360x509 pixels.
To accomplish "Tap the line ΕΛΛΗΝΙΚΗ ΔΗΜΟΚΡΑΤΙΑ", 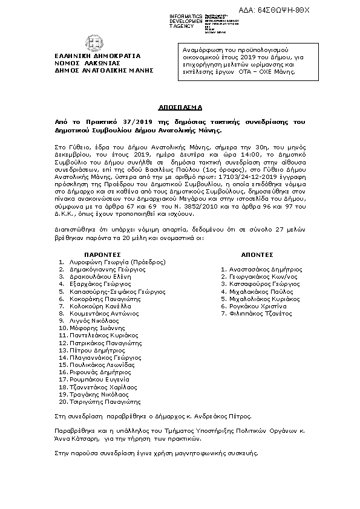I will (94, 55).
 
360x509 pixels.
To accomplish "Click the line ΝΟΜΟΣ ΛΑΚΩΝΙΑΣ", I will (94, 62).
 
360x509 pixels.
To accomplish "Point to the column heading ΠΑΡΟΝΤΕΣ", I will (103, 254).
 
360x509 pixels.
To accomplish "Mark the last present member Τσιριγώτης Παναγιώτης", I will (104, 401).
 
